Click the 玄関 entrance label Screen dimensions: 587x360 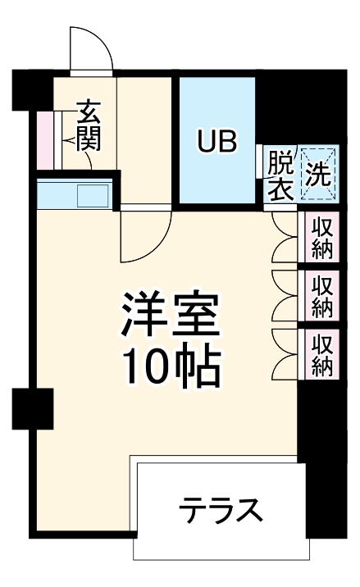pos(88,125)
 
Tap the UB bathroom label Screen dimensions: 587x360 pos(216,141)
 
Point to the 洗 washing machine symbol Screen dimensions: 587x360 pos(317,174)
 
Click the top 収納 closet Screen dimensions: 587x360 pos(321,237)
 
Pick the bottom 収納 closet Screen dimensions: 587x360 pos(321,353)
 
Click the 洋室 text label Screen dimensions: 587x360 pos(171,316)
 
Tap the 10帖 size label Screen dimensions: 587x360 pos(171,366)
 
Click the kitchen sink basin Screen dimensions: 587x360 pos(92,197)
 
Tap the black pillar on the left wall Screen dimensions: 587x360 pos(33,407)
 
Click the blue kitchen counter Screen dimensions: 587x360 pos(57,197)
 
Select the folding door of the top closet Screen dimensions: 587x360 pos(284,237)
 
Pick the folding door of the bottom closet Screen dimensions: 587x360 pos(284,353)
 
